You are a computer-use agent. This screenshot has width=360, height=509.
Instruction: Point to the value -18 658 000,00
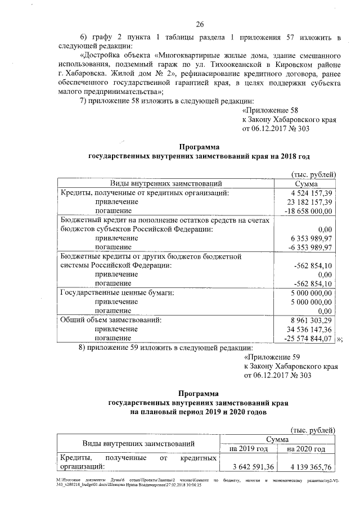[x=309, y=211]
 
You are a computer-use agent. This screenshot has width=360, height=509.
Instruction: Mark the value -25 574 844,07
[x=309, y=338]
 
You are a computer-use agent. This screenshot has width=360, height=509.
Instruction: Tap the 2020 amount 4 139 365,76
[x=307, y=466]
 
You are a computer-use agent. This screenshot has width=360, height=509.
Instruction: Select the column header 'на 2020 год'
[x=307, y=449]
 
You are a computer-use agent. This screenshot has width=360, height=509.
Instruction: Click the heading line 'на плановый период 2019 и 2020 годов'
[x=199, y=412]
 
